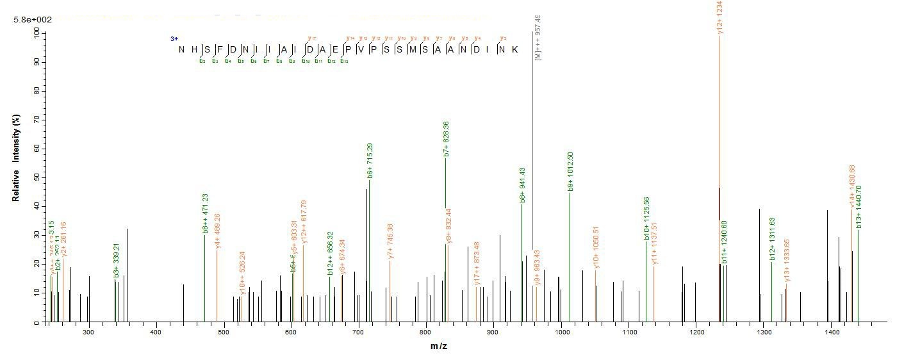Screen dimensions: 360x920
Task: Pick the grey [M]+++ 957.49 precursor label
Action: [538, 38]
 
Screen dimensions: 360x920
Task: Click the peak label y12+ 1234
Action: [719, 17]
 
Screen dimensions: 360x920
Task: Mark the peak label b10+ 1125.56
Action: [647, 218]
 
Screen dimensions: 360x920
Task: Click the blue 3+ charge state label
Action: [174, 39]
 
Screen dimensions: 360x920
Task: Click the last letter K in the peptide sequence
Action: [514, 49]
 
